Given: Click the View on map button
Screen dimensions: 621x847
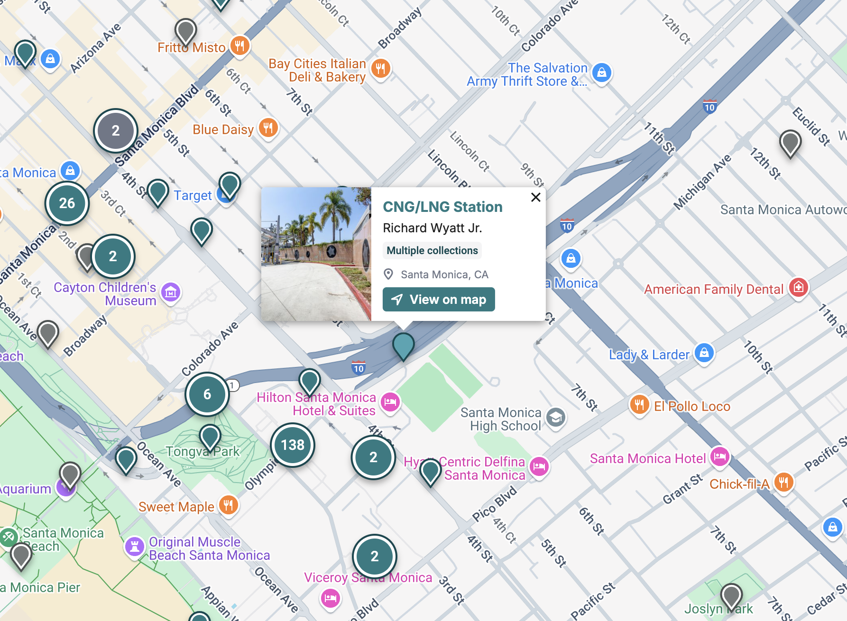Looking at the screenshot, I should click(439, 300).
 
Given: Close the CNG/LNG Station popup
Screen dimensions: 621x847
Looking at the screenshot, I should click(536, 197).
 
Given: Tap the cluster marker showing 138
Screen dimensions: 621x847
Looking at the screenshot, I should click(293, 445).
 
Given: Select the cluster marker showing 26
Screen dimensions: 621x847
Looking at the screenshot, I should click(67, 203).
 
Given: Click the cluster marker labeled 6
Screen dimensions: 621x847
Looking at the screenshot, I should click(207, 394).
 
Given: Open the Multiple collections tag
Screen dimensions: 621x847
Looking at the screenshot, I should click(432, 251).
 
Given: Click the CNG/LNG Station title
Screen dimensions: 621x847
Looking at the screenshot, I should click(442, 207).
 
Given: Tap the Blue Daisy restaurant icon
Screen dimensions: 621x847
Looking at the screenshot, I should click(268, 128).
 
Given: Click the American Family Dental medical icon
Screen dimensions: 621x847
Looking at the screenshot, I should click(799, 287).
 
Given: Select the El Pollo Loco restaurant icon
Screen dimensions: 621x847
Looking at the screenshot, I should click(639, 404).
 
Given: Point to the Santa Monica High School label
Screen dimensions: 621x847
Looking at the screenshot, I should click(501, 419).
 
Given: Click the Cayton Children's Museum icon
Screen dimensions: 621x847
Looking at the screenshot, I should click(171, 292).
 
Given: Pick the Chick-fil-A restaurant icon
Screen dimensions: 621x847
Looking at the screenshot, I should click(783, 482).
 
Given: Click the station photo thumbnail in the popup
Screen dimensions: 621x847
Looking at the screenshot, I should click(316, 254).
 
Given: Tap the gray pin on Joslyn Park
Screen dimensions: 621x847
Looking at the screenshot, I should click(731, 596).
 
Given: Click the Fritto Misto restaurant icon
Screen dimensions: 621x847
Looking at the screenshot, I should click(240, 46).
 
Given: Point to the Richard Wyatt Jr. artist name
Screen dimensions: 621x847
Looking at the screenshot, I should click(432, 228).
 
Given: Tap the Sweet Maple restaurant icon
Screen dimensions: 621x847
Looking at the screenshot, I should click(229, 505).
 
